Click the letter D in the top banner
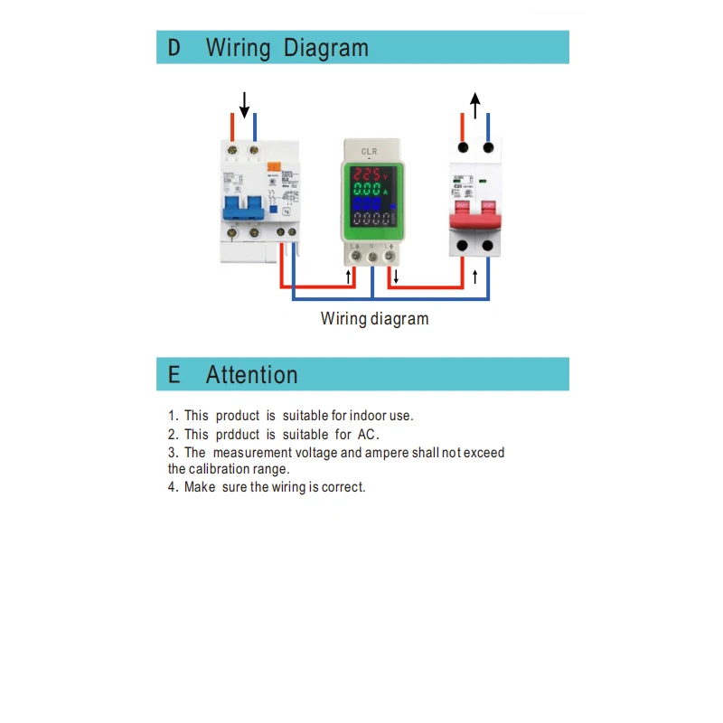(174, 48)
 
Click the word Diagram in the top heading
(325, 48)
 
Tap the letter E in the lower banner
(174, 375)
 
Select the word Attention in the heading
(251, 375)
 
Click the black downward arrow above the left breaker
(244, 104)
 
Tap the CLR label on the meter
(369, 151)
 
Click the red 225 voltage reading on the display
(366, 173)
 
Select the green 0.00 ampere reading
(366, 191)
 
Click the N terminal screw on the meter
(371, 256)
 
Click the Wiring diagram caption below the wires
(374, 319)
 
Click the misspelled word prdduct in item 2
(237, 435)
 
